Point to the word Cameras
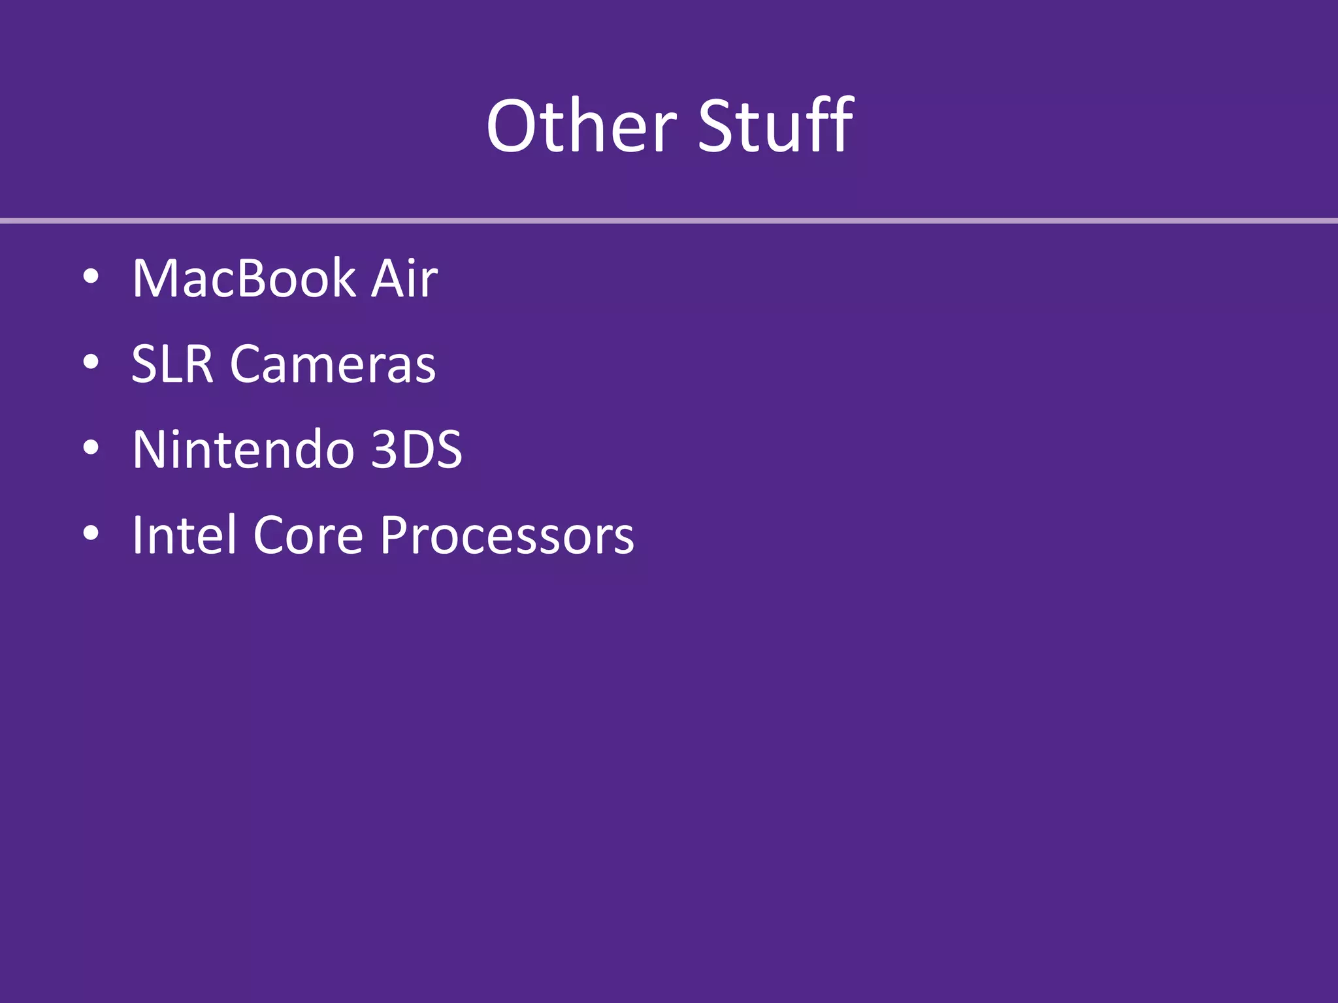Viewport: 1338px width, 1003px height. [x=333, y=364]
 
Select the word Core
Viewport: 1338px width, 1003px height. [x=308, y=535]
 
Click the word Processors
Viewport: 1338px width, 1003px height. [x=507, y=535]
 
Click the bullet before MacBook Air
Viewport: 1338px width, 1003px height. [x=91, y=277]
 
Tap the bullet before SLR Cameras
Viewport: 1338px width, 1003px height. [x=91, y=362]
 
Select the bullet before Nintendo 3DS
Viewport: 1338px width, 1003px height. [x=91, y=448]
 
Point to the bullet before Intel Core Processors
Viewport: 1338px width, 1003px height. [x=91, y=533]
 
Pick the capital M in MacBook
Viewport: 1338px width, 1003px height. [x=156, y=279]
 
